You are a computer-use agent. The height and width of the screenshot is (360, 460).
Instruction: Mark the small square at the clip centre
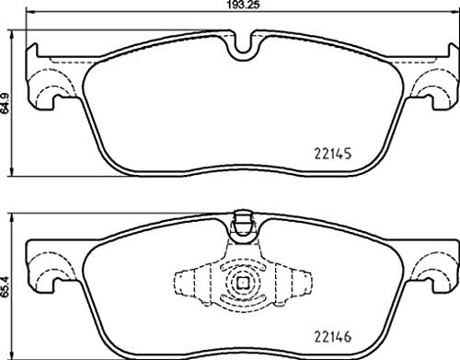click(243, 284)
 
